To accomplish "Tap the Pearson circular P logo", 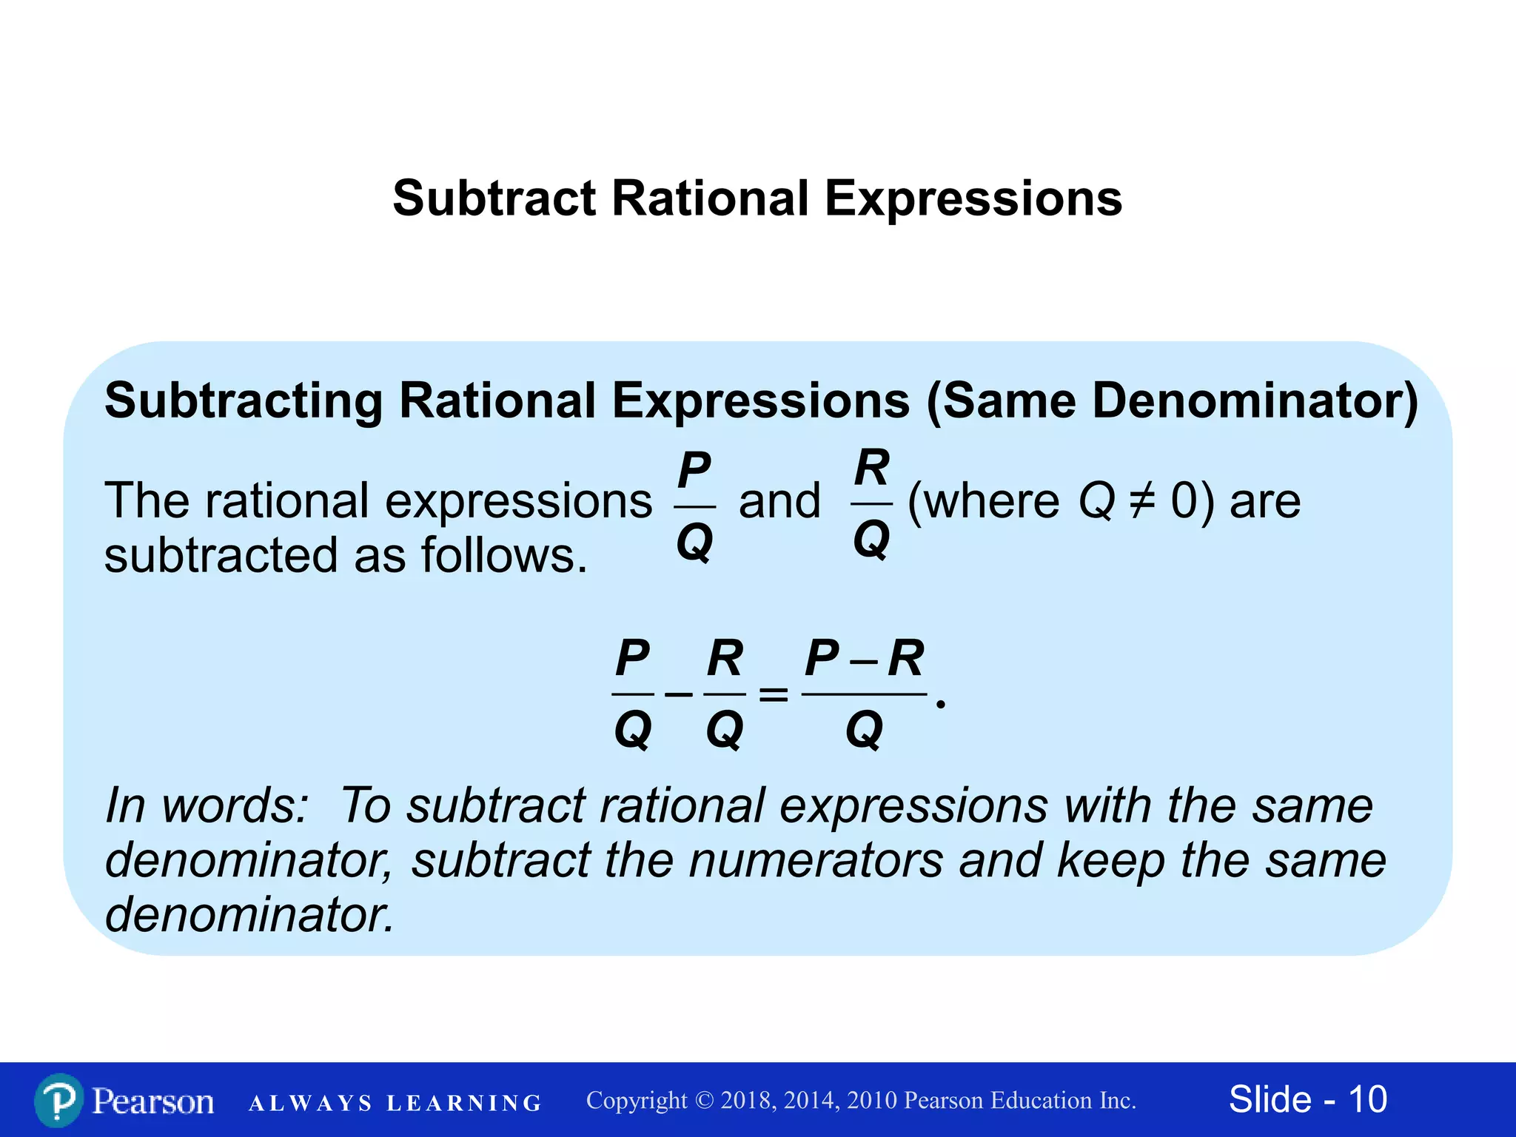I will click(58, 1100).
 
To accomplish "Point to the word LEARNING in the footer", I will click(464, 1103).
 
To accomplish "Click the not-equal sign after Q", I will click(1142, 501).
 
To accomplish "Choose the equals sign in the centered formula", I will click(774, 694).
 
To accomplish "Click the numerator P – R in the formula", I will click(864, 657).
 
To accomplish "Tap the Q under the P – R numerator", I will click(864, 730).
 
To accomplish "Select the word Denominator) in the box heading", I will click(1255, 400).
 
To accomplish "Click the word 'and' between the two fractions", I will click(780, 501).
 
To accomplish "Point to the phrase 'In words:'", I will click(206, 805).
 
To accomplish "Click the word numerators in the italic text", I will click(816, 860).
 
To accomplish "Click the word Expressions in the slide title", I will click(973, 198).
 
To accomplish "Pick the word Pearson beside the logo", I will click(152, 1101).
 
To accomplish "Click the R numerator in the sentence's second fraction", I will click(871, 469).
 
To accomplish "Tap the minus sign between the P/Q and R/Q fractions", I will click(678, 694).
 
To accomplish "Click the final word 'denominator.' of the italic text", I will click(249, 915).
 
